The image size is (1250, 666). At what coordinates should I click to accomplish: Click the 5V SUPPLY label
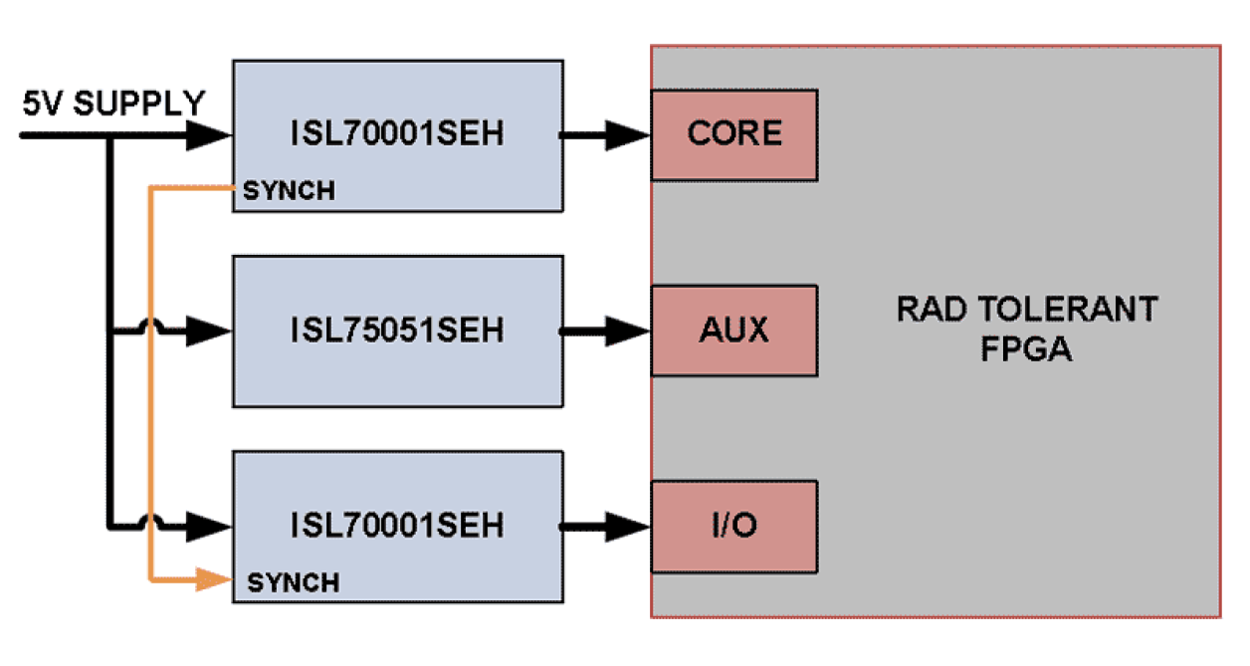coord(113,104)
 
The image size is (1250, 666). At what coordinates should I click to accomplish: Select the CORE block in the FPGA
coord(734,134)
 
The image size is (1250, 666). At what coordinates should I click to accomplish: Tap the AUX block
coord(734,330)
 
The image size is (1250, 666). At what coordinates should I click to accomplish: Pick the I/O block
coord(734,525)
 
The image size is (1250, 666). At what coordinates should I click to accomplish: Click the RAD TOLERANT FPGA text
coord(1027,329)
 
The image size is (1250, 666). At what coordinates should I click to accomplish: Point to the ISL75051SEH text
coord(398,330)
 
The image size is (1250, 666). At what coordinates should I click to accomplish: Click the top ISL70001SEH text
coord(398,134)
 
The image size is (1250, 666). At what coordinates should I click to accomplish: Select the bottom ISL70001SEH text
coord(398,525)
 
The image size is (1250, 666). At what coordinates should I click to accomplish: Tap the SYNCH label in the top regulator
coord(289,192)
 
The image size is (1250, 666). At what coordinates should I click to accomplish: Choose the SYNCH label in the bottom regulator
coord(293,582)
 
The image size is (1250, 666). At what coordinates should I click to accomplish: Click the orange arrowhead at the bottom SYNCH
coord(213,578)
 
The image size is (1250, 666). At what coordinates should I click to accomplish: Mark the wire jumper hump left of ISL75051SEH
coord(150,326)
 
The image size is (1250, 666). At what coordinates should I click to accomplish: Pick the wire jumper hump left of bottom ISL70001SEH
coord(150,521)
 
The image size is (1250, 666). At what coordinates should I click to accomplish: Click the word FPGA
coord(1027,350)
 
